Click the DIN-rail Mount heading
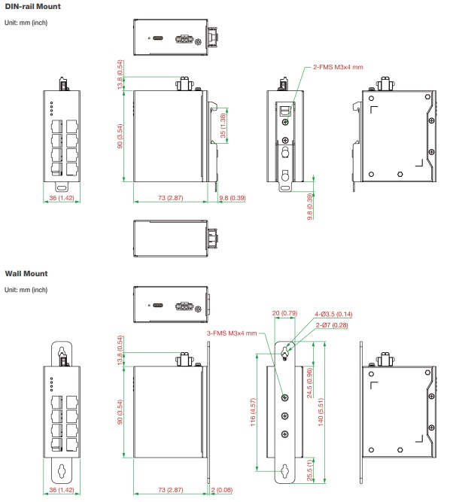[32, 7]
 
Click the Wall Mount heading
[26, 274]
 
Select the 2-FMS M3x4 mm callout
[338, 67]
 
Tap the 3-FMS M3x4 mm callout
[232, 333]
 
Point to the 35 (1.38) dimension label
[223, 126]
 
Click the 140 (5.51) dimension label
[321, 412]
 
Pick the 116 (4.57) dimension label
[253, 412]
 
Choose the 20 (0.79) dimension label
[284, 313]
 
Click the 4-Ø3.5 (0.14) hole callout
[333, 315]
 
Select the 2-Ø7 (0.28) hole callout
[332, 325]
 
